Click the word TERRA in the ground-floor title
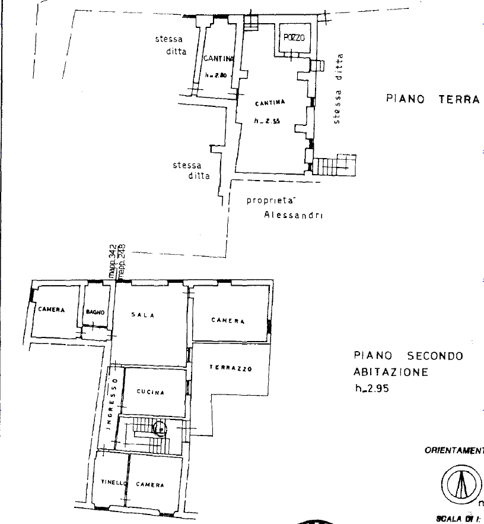(458, 99)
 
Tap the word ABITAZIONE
(390, 373)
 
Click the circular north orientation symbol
(460, 483)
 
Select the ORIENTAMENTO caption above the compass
(454, 450)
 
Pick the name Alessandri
(292, 215)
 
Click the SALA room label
(144, 315)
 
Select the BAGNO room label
(95, 312)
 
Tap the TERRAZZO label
(231, 368)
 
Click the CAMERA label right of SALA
(228, 321)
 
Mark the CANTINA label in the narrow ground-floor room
(215, 59)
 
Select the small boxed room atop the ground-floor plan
(295, 39)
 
